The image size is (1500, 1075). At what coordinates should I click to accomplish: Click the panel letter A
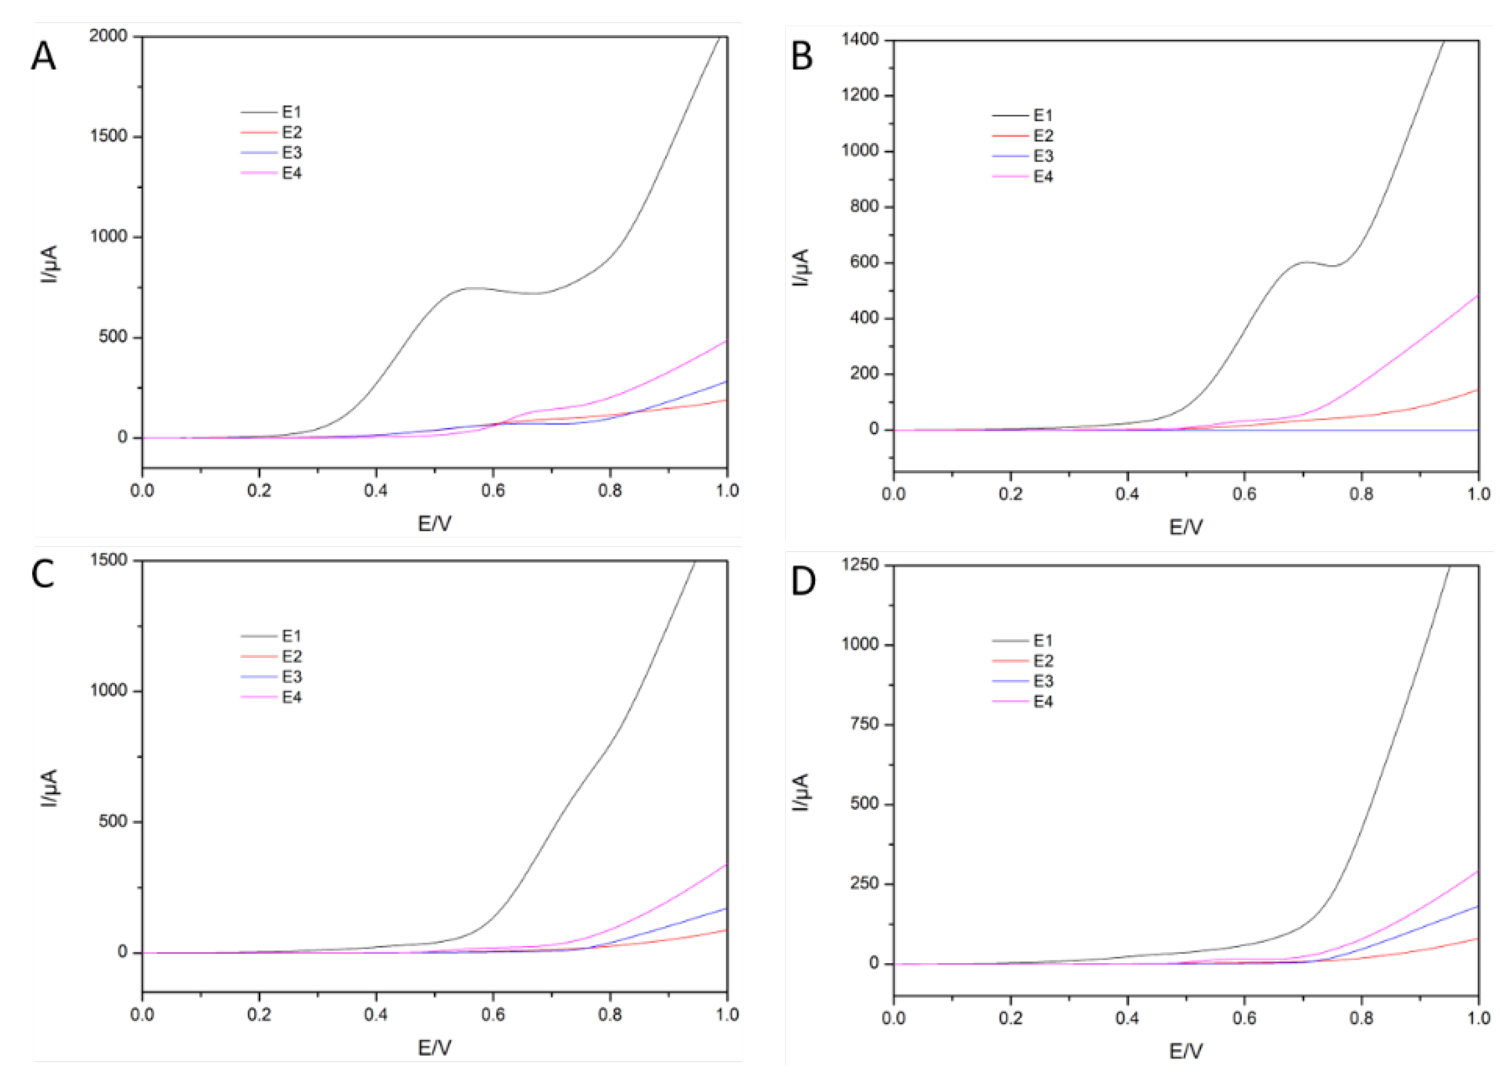[x=44, y=57]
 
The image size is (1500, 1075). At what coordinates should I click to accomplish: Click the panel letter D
[x=803, y=580]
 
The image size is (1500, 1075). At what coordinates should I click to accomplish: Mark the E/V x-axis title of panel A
[x=434, y=524]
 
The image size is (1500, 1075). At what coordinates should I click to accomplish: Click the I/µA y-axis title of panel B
[x=801, y=267]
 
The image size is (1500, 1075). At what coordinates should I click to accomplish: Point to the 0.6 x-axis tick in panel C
[x=493, y=1014]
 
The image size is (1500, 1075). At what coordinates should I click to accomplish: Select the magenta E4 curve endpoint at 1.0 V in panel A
[x=726, y=341]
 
